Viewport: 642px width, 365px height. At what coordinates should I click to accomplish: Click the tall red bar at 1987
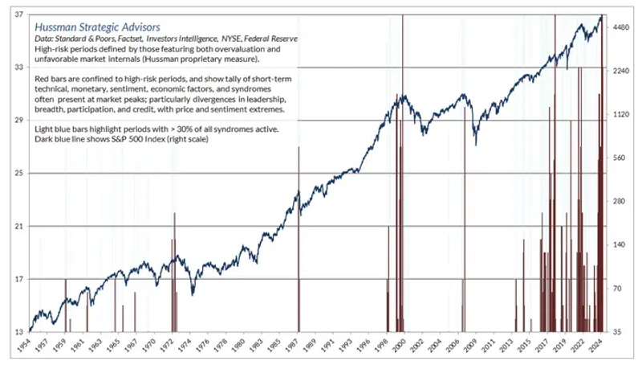coord(299,241)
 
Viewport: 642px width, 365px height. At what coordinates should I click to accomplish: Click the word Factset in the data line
coord(136,39)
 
